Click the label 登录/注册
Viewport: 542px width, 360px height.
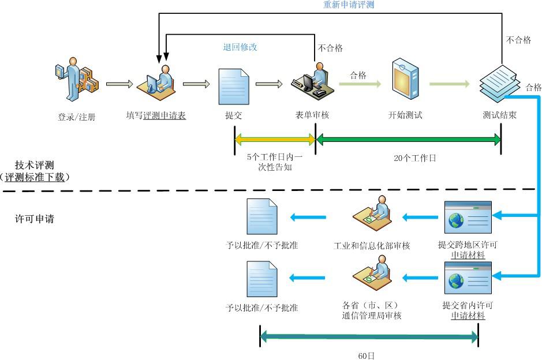coord(76,117)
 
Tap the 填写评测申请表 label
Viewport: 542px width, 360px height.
coord(156,115)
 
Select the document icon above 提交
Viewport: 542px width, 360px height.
coord(233,86)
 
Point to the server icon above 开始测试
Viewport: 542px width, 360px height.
coord(405,77)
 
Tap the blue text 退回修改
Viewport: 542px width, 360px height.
coord(240,47)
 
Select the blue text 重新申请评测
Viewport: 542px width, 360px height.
coord(349,5)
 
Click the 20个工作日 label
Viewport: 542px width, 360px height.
coord(414,157)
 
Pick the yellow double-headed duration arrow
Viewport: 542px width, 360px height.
coord(275,139)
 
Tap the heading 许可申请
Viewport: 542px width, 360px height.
coord(34,219)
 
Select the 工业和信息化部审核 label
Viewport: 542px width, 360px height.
coord(372,246)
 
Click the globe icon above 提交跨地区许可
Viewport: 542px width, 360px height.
coord(457,220)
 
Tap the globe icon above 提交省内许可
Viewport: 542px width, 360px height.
coord(457,282)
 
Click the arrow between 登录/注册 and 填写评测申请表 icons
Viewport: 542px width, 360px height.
coord(119,85)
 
